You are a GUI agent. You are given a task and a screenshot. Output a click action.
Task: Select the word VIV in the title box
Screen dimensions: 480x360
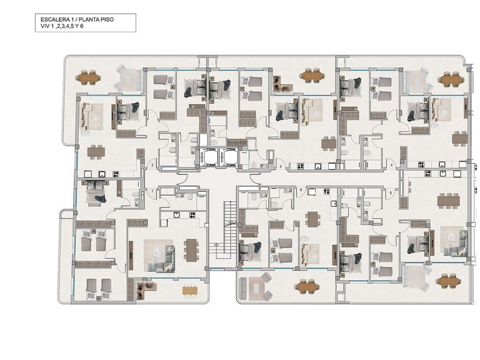tap(44, 26)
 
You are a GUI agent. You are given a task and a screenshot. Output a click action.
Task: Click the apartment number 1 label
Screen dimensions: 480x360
tap(152, 191)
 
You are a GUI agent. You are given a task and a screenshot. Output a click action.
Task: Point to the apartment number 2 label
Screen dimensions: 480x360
tap(152, 166)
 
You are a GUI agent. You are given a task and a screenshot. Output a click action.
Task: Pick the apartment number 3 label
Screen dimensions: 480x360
tap(281, 166)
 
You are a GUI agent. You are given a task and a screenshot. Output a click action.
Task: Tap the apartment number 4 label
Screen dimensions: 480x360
tap(391, 165)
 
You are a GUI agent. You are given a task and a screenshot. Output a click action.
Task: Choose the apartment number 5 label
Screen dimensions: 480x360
tap(391, 193)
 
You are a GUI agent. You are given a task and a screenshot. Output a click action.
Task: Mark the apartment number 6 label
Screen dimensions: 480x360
tap(301, 190)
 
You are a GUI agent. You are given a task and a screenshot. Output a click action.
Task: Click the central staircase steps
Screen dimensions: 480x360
tap(229, 226)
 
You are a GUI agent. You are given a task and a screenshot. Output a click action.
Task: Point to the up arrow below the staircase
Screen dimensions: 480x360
tap(216, 244)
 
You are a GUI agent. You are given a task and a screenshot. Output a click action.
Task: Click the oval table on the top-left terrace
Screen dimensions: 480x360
tap(89, 77)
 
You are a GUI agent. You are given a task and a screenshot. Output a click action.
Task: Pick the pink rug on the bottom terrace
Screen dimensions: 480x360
tap(255, 287)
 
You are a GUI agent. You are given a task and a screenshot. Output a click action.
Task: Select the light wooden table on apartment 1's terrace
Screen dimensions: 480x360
tap(191, 290)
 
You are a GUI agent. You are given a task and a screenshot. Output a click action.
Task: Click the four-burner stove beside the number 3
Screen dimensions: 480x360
tap(301, 166)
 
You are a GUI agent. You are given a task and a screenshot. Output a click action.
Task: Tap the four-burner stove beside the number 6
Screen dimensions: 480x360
tap(327, 192)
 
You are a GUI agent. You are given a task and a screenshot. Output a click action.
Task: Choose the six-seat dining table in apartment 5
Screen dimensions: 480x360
tap(449, 201)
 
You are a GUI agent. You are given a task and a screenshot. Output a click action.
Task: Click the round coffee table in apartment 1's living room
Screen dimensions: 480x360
tap(157, 253)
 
